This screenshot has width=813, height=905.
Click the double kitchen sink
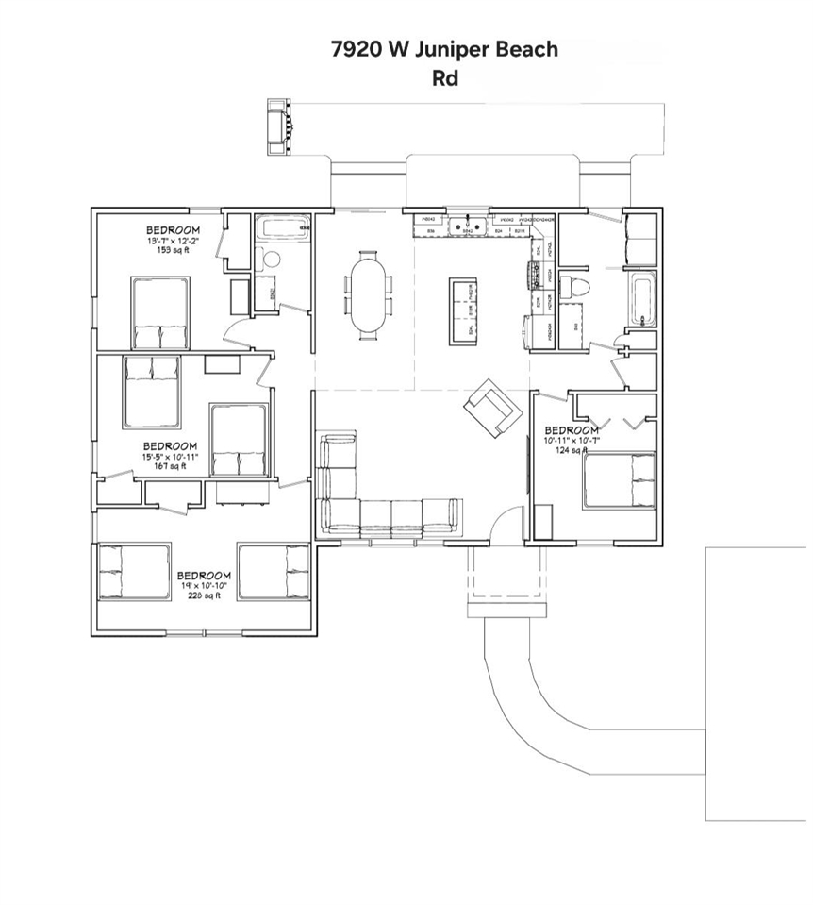click(x=464, y=226)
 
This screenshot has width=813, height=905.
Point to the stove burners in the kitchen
click(x=521, y=277)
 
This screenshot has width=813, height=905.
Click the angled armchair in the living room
click(x=492, y=408)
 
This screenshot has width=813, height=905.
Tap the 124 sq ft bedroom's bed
click(x=619, y=480)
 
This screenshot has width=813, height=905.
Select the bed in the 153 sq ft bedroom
click(x=159, y=312)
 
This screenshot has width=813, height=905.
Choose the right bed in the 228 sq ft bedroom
click(x=274, y=571)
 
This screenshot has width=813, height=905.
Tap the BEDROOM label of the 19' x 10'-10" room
click(x=204, y=576)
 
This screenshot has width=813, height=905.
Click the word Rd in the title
click(x=444, y=78)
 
